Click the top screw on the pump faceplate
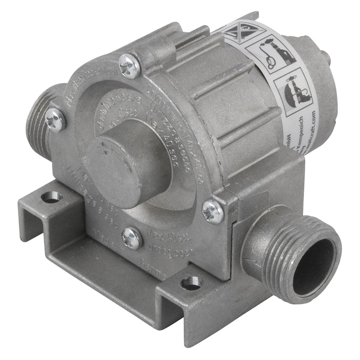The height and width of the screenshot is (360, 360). pyautogui.click(x=129, y=66)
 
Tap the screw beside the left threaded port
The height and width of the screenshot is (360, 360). pyautogui.click(x=55, y=119)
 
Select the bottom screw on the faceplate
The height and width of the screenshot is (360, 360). pyautogui.click(x=133, y=238)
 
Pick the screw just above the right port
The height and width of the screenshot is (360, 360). pyautogui.click(x=212, y=211)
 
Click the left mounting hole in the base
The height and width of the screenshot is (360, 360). pyautogui.click(x=50, y=196)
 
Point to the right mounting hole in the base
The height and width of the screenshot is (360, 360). pyautogui.click(x=191, y=282)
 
